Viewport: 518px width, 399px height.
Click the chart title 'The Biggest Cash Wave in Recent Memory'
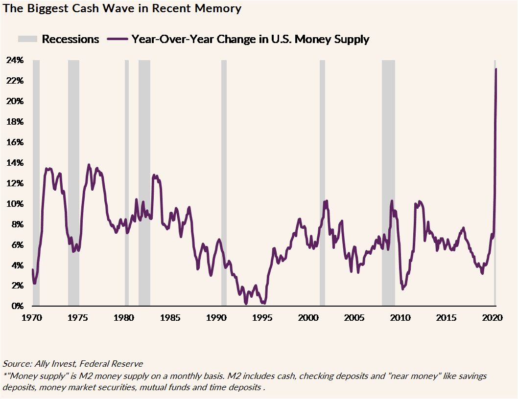(x=122, y=8)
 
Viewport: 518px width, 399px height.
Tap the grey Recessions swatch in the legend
(x=27, y=39)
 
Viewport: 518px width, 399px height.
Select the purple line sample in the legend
(x=117, y=39)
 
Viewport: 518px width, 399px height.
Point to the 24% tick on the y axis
(x=15, y=60)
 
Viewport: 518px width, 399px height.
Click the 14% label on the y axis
(x=15, y=163)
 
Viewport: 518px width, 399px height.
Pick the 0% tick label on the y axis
(x=17, y=306)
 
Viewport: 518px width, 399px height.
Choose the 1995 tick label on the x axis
(x=262, y=318)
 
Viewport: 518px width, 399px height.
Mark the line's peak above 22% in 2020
(x=496, y=69)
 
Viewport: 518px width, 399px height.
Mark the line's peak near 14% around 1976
(x=89, y=165)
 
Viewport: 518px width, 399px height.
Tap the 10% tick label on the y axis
(x=15, y=204)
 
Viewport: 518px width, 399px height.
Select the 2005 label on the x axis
(x=354, y=318)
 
